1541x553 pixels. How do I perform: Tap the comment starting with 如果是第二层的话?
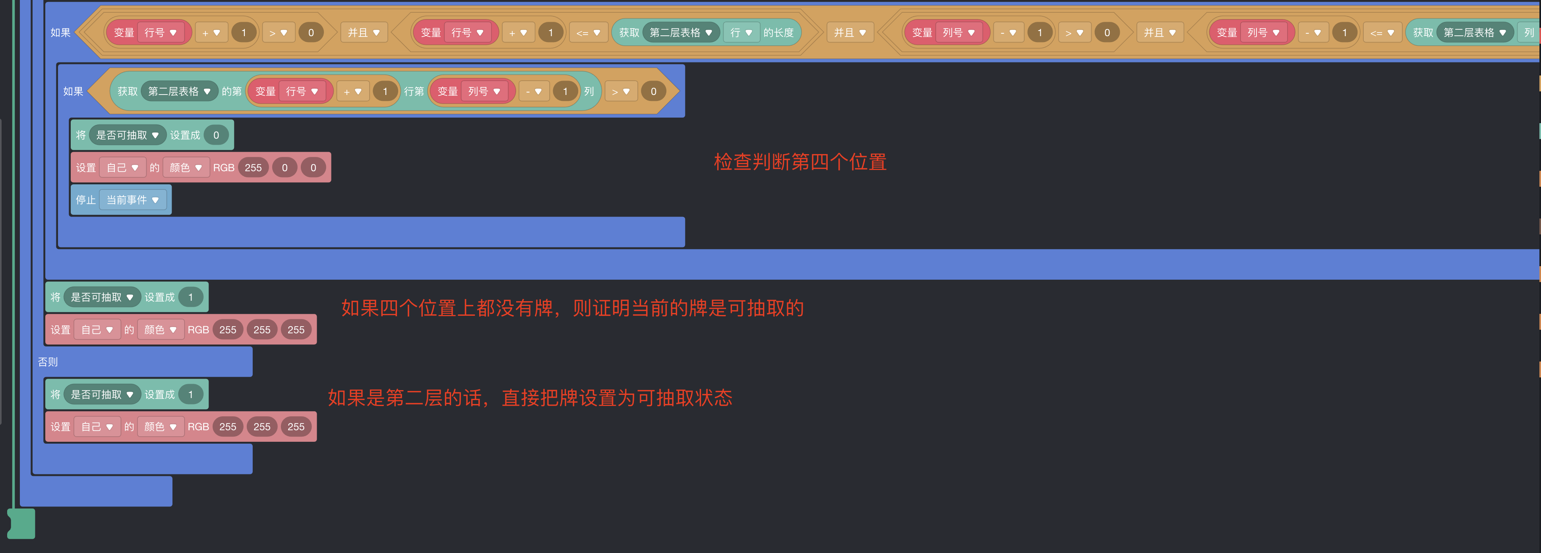[x=529, y=398]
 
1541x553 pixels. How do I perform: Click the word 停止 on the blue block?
[x=85, y=200]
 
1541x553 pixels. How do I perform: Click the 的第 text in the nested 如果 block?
[x=232, y=91]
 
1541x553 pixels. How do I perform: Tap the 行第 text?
[x=413, y=91]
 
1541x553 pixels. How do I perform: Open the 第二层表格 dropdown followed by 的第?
[x=179, y=91]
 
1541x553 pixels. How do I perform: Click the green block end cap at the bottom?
[x=21, y=524]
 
